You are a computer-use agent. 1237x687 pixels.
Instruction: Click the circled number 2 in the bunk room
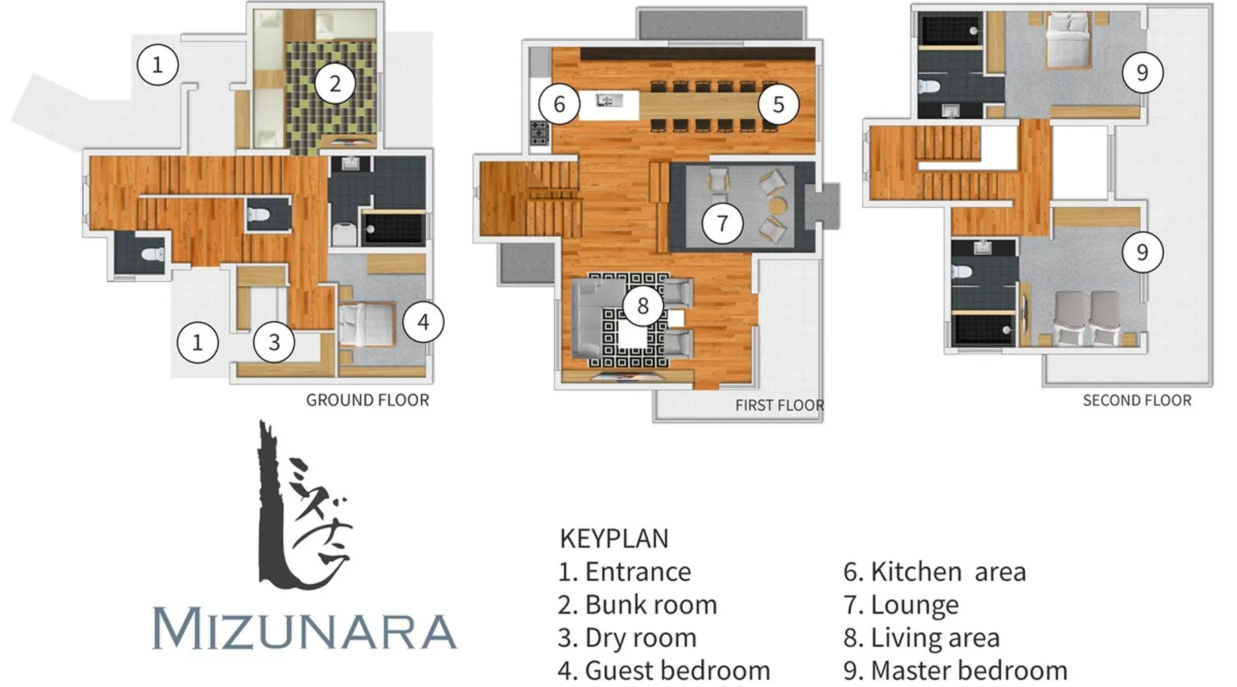tap(335, 84)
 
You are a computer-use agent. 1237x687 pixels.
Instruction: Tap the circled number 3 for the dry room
tap(274, 341)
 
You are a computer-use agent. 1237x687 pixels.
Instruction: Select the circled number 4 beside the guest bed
tap(423, 322)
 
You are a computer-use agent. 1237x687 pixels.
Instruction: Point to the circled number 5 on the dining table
tap(778, 104)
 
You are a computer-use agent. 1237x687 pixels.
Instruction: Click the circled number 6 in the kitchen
tap(559, 104)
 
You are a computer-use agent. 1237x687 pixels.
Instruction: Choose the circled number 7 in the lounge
tap(722, 223)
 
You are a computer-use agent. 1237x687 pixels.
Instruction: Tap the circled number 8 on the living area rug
tap(643, 305)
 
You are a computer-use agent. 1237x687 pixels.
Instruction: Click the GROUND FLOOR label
tap(368, 400)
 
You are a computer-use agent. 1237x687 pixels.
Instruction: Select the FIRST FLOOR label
tap(779, 405)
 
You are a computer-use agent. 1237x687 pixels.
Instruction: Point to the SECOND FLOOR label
tap(1137, 401)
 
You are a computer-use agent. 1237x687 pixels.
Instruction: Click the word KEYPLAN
tap(614, 539)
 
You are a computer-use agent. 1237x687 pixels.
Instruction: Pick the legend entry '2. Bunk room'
tap(638, 605)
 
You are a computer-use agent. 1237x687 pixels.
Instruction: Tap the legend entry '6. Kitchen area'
tap(935, 572)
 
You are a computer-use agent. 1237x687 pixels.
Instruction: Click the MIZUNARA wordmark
tap(304, 628)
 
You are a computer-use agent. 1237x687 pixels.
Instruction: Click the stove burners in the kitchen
tap(539, 133)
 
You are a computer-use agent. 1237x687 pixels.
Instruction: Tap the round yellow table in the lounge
tap(778, 205)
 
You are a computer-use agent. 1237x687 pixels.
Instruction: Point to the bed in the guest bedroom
tap(366, 324)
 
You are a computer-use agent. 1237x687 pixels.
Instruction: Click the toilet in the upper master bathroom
tap(930, 87)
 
